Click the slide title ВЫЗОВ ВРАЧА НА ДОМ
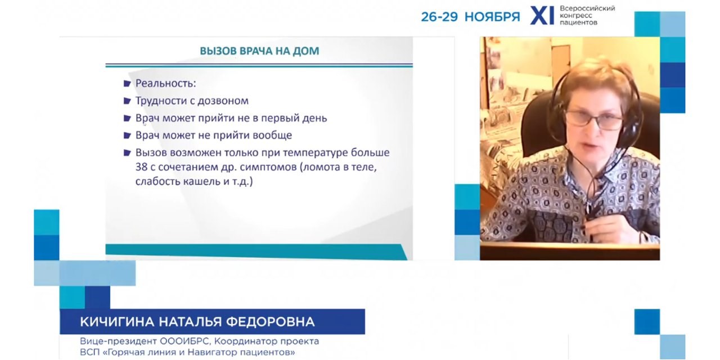[x=259, y=51]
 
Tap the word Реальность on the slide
[x=165, y=84]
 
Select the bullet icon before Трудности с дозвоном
[x=128, y=101]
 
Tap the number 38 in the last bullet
[x=142, y=167]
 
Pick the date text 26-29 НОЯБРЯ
[x=470, y=16]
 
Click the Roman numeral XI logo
[x=542, y=16]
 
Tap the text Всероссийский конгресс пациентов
[x=587, y=16]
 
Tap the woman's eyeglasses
[x=593, y=120]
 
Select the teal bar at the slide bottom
[x=256, y=251]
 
